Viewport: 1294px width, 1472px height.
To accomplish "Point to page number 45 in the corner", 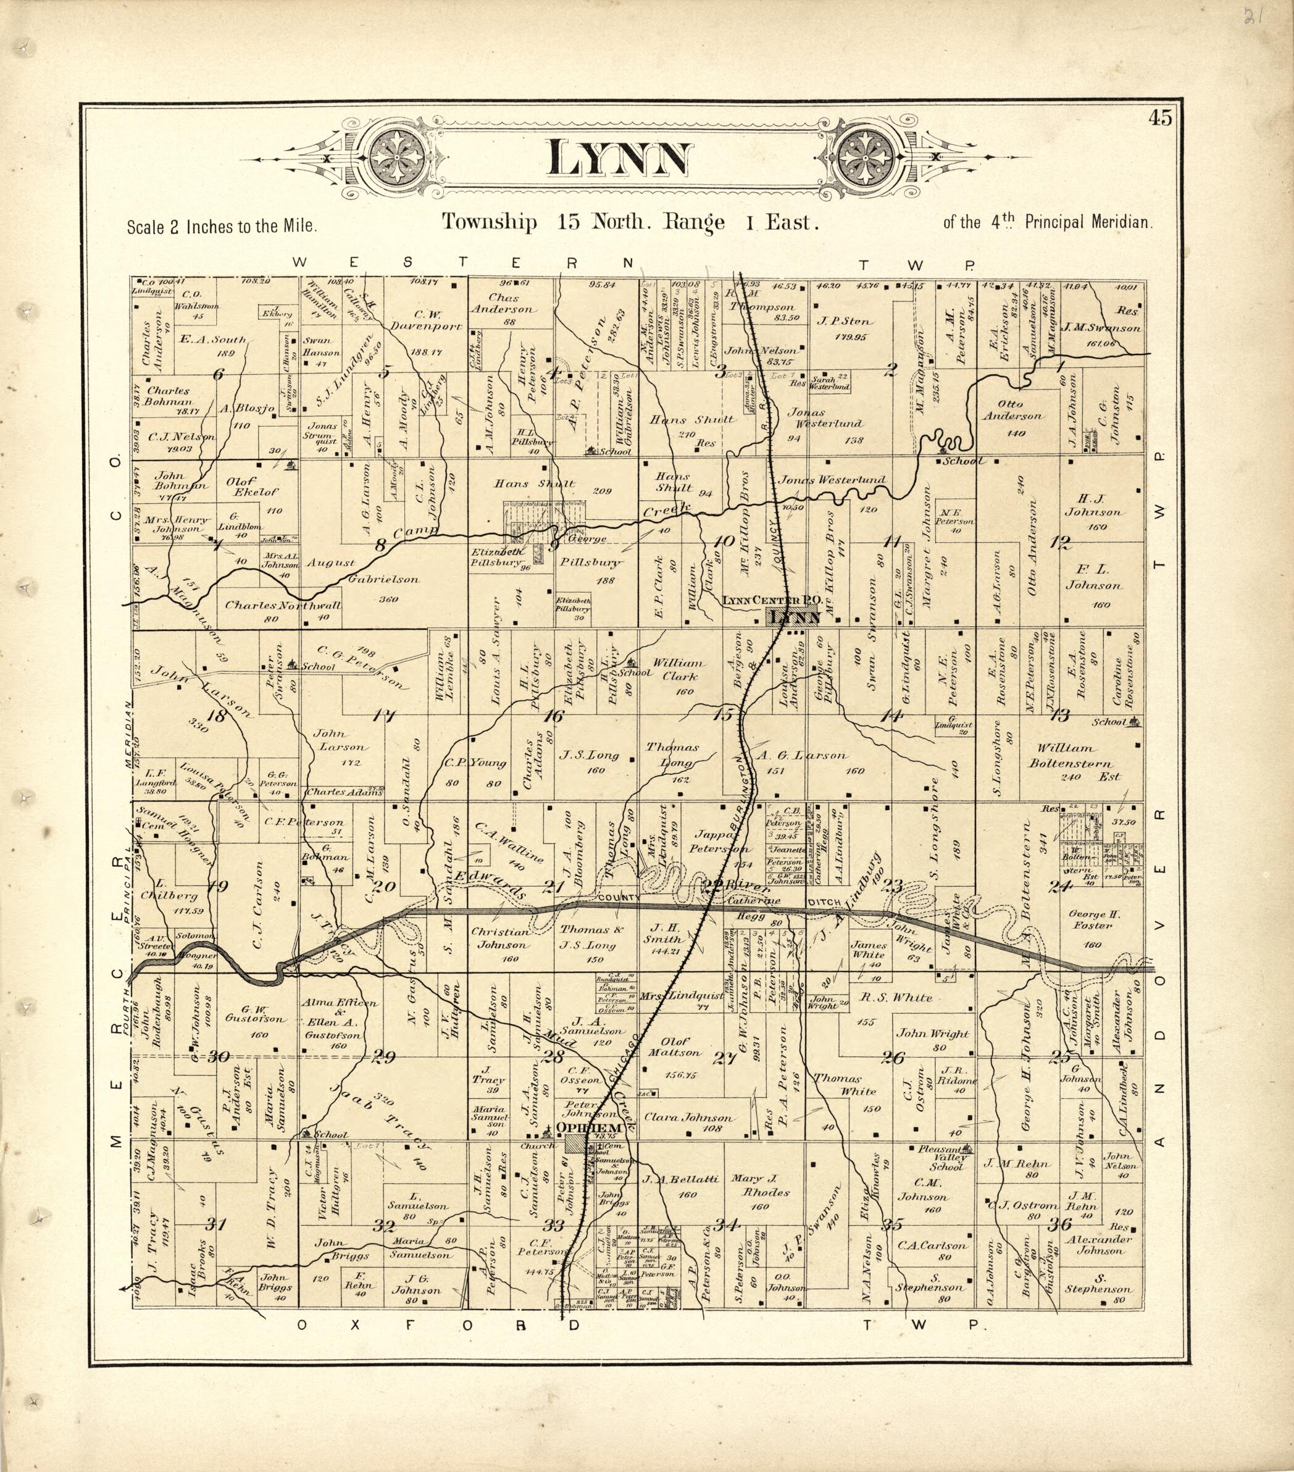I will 1161,118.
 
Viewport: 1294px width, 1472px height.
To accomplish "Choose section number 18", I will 216,716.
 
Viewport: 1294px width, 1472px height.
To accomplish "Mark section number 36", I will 1060,1224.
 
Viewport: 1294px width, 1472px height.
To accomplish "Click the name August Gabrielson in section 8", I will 364,571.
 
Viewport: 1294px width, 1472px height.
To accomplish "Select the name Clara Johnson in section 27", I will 688,1118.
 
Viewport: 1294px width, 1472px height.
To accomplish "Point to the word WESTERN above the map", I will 464,263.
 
